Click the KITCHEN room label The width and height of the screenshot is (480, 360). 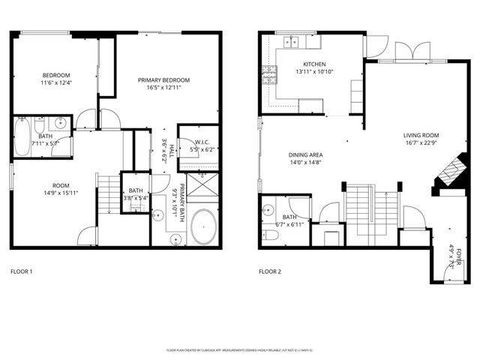[x=313, y=64]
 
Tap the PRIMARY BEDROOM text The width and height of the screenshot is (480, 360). [x=163, y=80]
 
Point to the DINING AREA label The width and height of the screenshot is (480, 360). [x=305, y=155]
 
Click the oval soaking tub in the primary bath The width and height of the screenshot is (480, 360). [x=202, y=227]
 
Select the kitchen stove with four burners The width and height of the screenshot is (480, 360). [x=268, y=73]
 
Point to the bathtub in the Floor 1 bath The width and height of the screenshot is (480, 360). [x=22, y=138]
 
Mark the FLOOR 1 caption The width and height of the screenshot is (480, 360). [x=21, y=271]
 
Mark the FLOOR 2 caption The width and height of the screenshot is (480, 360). [x=270, y=271]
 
